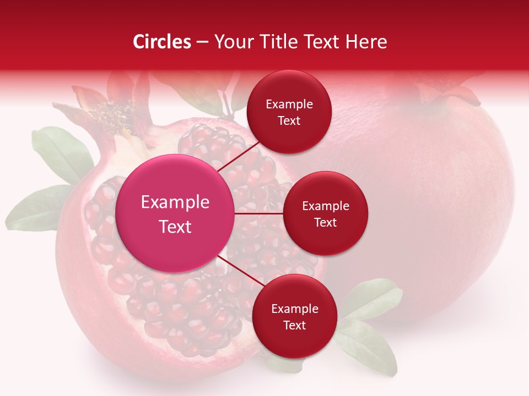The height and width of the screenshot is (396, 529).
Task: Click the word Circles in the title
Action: (x=162, y=42)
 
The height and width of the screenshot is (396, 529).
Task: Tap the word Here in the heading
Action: (x=366, y=42)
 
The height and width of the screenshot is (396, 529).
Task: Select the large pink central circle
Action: (x=175, y=213)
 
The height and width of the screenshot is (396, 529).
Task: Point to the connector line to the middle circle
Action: (x=259, y=213)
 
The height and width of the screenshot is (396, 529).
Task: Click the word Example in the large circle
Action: (x=175, y=202)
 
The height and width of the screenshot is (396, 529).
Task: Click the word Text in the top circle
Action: (x=289, y=121)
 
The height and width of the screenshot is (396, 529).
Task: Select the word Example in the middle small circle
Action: (x=325, y=206)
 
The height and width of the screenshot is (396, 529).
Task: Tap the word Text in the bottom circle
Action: (x=294, y=325)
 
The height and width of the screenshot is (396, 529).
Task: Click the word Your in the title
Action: (x=232, y=42)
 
